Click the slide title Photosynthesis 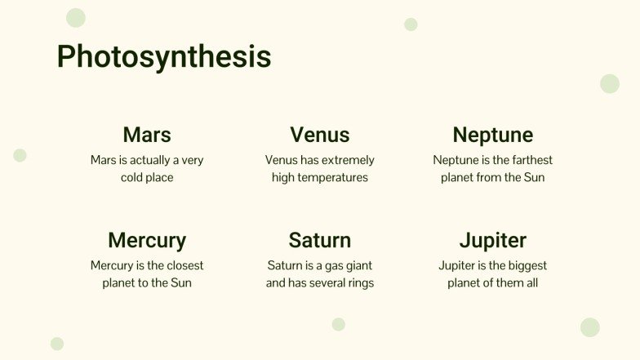coord(164,57)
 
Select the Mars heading coord(147,135)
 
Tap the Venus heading coord(320,135)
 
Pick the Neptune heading coord(492,135)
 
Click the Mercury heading coord(147,241)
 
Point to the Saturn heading coord(320,241)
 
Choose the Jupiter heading coord(492,241)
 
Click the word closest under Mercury coord(182,265)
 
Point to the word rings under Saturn coord(359,283)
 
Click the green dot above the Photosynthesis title coord(76,18)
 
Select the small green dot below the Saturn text coord(339,324)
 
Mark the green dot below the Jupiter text coord(590,327)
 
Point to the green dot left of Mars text coord(20,155)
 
